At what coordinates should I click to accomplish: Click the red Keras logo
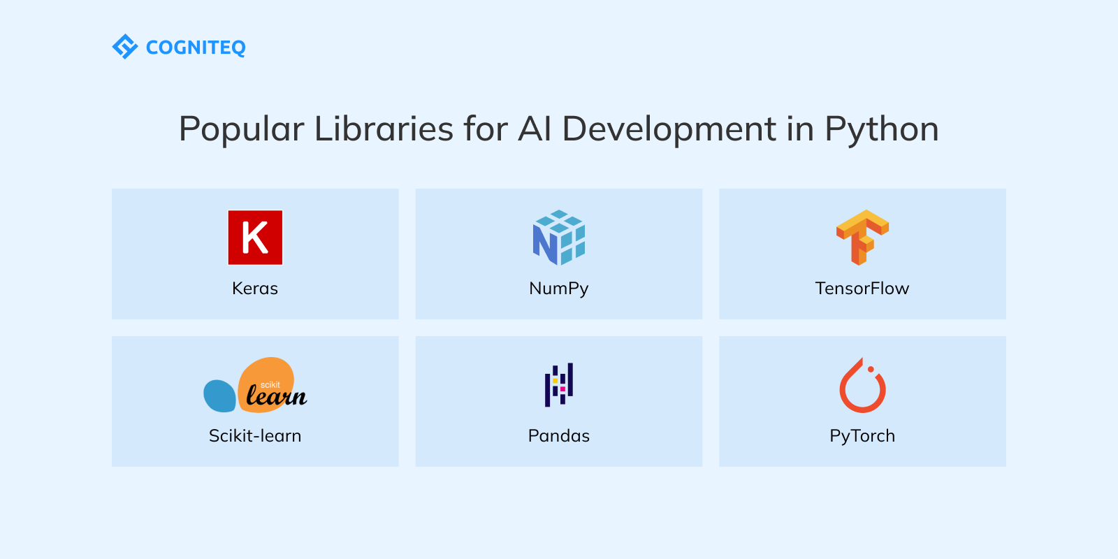[255, 238]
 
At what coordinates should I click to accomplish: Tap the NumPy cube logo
[559, 238]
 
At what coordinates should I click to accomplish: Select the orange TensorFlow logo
[862, 237]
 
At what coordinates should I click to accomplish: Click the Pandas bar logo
[559, 384]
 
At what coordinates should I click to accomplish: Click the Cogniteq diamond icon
[125, 47]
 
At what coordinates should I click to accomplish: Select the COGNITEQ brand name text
[196, 48]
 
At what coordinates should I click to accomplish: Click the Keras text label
[255, 289]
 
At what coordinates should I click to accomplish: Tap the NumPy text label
[559, 289]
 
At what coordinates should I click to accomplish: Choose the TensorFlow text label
[862, 289]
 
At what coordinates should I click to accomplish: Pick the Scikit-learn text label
[255, 436]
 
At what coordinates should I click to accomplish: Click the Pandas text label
[559, 436]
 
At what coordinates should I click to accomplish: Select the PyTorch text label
[862, 436]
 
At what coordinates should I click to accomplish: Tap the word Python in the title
[882, 130]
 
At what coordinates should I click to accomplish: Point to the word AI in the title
[535, 129]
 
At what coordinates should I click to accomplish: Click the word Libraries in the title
[384, 129]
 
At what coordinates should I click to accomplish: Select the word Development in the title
[669, 130]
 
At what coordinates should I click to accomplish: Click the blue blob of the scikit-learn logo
[219, 396]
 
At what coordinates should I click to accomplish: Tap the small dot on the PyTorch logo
[871, 370]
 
